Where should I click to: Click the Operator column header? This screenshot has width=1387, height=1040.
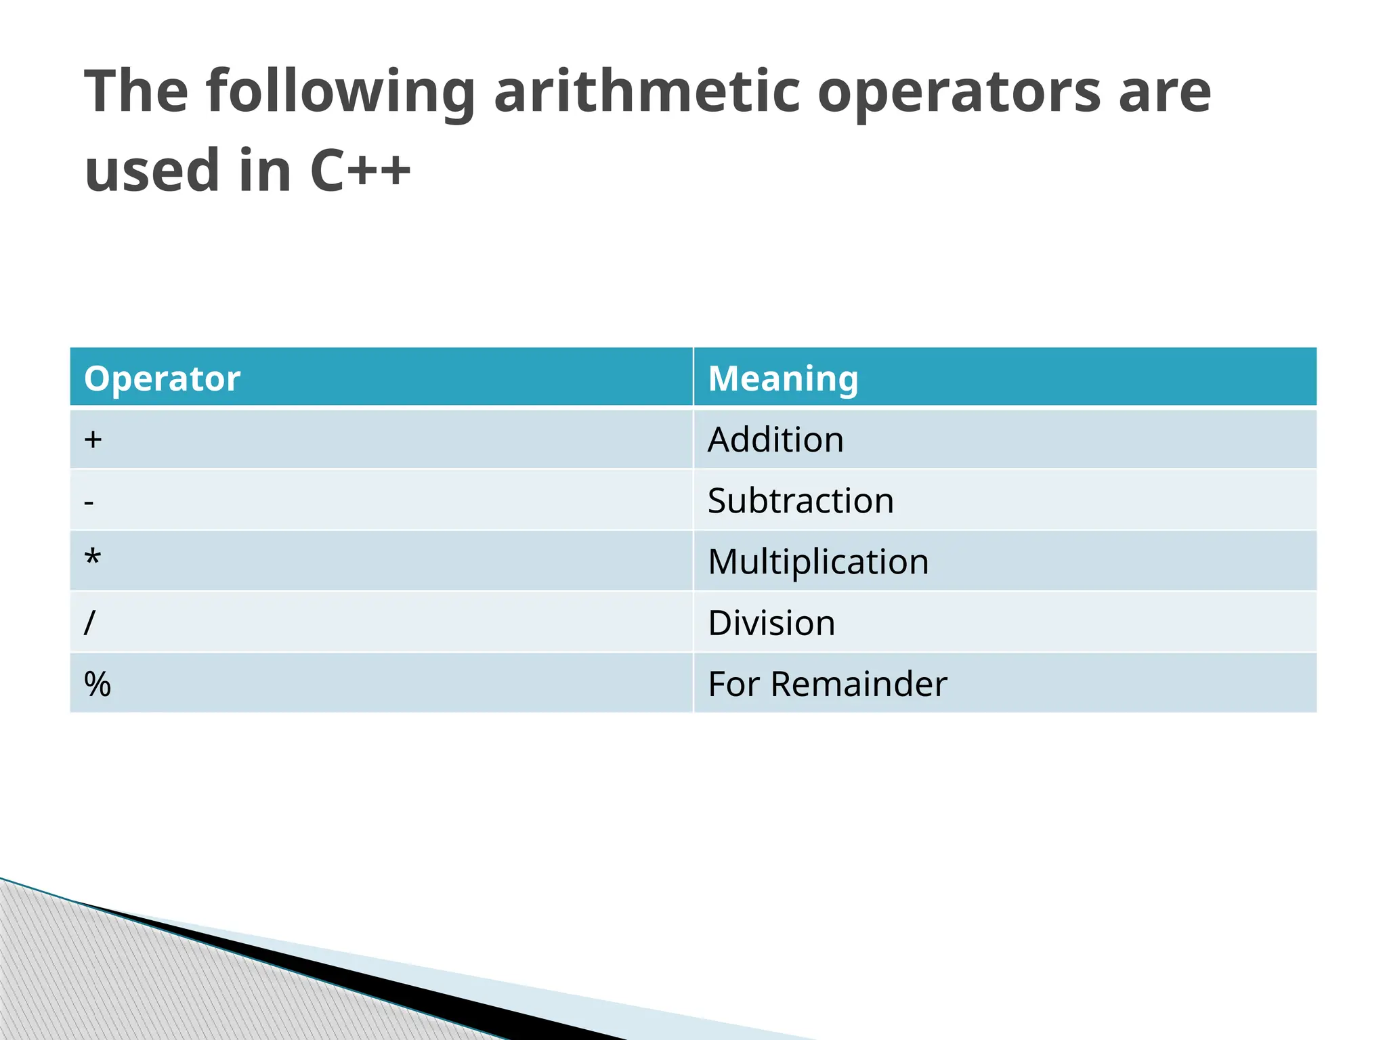(x=162, y=378)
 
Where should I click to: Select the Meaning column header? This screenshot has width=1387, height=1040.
(x=783, y=378)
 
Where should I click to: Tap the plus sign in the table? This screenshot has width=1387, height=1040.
(x=93, y=439)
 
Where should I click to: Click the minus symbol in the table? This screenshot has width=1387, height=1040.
(x=89, y=502)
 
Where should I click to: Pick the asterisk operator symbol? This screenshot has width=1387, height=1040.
(x=92, y=559)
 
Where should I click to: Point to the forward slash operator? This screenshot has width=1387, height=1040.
(x=89, y=622)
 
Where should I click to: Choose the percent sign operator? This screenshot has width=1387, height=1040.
(x=97, y=684)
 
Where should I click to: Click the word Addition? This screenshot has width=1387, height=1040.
(x=775, y=439)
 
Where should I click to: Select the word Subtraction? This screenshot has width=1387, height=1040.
(x=801, y=501)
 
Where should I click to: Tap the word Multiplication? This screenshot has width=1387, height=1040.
(x=818, y=562)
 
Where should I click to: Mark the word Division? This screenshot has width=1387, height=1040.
(x=771, y=623)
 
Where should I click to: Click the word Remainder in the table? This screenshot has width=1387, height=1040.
(x=859, y=684)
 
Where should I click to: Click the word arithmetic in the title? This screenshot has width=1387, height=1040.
(x=647, y=91)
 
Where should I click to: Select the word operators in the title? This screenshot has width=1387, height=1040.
(x=959, y=93)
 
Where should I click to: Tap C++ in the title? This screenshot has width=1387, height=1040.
(x=360, y=170)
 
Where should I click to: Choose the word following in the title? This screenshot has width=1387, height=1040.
(x=341, y=93)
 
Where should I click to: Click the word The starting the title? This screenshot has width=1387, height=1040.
(x=136, y=91)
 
